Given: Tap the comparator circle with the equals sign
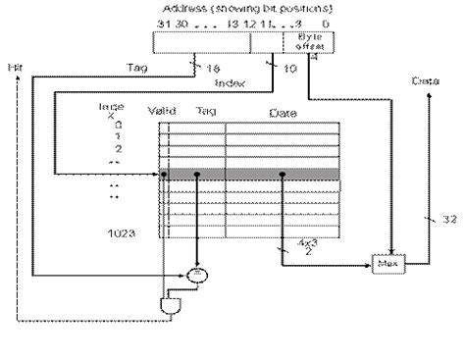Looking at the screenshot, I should pos(197,267).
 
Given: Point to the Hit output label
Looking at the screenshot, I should pos(13,67).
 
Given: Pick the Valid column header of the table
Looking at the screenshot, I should pos(161,111).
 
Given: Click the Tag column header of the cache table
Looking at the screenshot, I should pos(205,111).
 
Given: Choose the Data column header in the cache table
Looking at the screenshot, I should pos(282,111).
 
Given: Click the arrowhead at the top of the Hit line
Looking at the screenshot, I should pos(16,80).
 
